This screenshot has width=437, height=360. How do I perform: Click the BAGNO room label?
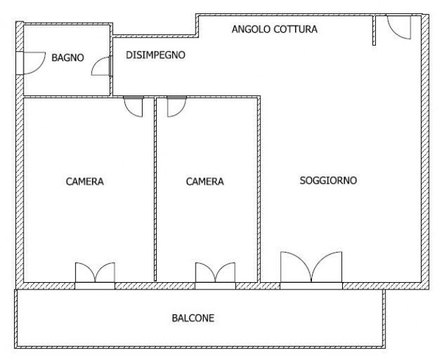pyautogui.click(x=67, y=58)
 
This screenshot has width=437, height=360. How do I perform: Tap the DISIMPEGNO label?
pyautogui.click(x=156, y=55)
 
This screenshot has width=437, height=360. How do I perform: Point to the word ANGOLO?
pyautogui.click(x=251, y=30)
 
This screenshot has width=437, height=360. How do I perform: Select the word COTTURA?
pyautogui.click(x=295, y=30)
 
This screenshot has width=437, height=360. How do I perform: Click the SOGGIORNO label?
pyautogui.click(x=327, y=180)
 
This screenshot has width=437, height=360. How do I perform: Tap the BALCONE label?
pyautogui.click(x=192, y=318)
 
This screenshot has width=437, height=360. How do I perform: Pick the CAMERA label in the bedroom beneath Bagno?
pyautogui.click(x=85, y=181)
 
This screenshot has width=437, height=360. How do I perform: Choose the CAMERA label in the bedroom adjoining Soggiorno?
pyautogui.click(x=205, y=181)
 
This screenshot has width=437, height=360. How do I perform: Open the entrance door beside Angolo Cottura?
pyautogui.click(x=399, y=27)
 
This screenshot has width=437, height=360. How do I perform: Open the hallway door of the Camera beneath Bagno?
pyautogui.click(x=133, y=107)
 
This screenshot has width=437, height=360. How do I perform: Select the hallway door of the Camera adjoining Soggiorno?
pyautogui.click(x=175, y=107)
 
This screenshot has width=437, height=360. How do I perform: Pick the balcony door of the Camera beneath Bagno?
pyautogui.click(x=95, y=274)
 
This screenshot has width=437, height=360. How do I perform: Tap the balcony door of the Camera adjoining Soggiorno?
pyautogui.click(x=214, y=274)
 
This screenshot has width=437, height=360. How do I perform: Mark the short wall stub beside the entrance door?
pyautogui.click(x=374, y=31)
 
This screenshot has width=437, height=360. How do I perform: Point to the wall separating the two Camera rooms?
pyautogui.click(x=154, y=188)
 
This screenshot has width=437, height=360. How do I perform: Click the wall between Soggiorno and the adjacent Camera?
pyautogui.click(x=259, y=188)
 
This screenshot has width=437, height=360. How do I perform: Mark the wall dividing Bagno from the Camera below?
pyautogui.click(x=67, y=97)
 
